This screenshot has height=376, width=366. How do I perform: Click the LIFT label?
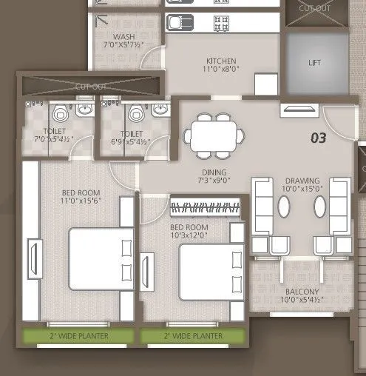[x=315, y=63]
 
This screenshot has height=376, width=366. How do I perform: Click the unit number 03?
[x=318, y=137]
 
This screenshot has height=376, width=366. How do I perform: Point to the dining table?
[x=214, y=135]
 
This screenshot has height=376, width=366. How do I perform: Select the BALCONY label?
[x=299, y=292]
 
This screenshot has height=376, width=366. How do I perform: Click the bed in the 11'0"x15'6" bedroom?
[x=102, y=258]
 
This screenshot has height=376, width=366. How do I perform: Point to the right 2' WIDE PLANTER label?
[x=192, y=337]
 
